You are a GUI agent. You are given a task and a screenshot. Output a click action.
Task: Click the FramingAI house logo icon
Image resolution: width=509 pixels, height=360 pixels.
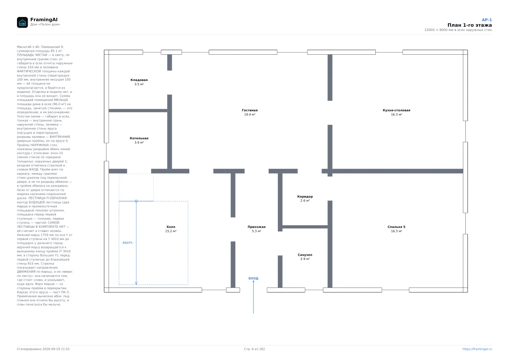pos(22,22)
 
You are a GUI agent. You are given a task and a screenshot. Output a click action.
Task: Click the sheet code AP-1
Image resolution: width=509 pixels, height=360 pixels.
pos(487,20)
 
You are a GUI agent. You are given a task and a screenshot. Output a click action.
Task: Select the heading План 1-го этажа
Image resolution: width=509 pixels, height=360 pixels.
pos(470,25)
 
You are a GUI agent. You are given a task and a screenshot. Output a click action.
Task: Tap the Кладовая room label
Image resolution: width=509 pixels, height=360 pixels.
pos(139,80)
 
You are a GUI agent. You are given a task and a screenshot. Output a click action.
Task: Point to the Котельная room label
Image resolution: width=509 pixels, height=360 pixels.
pos(139,138)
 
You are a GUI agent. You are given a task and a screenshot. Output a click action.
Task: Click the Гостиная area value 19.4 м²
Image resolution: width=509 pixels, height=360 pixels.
pos(250,114)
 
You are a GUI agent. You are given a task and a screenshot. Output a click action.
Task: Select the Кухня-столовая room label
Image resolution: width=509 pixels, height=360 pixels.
pos(397,110)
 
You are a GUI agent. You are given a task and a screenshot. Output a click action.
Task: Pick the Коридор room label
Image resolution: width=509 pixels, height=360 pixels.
pos(305,196)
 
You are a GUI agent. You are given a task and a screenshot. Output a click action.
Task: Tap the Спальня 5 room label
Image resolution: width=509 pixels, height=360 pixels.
pos(397,227)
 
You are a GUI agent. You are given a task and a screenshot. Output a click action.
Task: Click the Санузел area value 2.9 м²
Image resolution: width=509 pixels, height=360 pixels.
pos(305,259)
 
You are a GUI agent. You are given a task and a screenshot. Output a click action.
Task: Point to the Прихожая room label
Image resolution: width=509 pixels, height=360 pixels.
pos(257,227)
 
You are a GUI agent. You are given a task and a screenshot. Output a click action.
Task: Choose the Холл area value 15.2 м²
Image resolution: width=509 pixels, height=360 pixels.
pos(171,231)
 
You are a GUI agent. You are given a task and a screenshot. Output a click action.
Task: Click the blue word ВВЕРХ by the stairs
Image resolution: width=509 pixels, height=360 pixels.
pos(128,243)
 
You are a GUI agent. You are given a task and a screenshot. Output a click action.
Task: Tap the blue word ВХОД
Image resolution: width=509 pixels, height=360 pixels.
pos(253,278)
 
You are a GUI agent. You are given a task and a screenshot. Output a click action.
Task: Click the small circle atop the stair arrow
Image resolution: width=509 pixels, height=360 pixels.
pos(136,201)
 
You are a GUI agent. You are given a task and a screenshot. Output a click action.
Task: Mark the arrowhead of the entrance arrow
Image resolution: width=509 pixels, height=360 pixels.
pos(253,282)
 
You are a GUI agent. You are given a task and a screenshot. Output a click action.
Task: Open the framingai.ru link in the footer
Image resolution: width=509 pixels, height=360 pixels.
pos(477,349)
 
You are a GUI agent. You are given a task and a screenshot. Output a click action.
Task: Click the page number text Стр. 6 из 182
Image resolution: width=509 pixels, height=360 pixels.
pos(255,349)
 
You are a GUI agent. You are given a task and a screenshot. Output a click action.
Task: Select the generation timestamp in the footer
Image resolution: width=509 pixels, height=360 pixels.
pos(43,349)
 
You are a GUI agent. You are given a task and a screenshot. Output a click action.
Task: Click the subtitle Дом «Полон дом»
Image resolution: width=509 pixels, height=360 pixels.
pos(45,24)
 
